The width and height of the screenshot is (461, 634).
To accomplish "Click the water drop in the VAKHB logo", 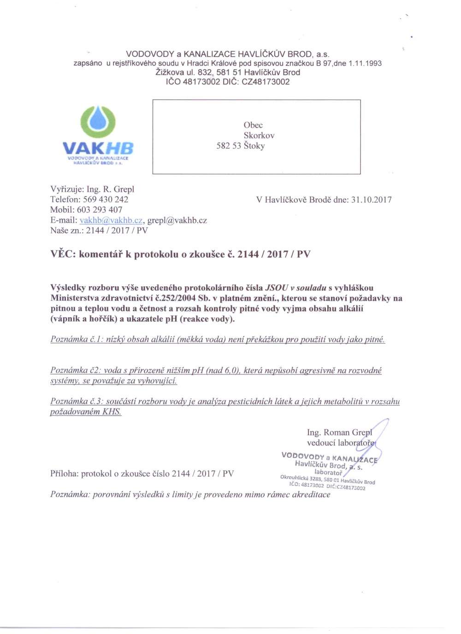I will pyautogui.click(x=98, y=121).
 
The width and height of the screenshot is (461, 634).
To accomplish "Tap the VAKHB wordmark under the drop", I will pyautogui.click(x=98, y=148).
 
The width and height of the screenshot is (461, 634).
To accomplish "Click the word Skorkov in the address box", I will pyautogui.click(x=259, y=136).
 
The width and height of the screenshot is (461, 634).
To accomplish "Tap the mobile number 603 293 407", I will pyautogui.click(x=100, y=210).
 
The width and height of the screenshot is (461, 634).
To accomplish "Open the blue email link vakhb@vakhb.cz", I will pyautogui.click(x=111, y=220).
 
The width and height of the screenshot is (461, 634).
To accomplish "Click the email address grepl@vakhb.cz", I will pyautogui.click(x=177, y=220).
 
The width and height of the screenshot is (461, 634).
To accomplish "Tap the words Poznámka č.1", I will pyautogui.click(x=76, y=340).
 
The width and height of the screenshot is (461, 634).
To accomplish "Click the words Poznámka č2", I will pyautogui.click(x=75, y=370).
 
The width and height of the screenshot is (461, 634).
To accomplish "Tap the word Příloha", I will pyautogui.click(x=64, y=474).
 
